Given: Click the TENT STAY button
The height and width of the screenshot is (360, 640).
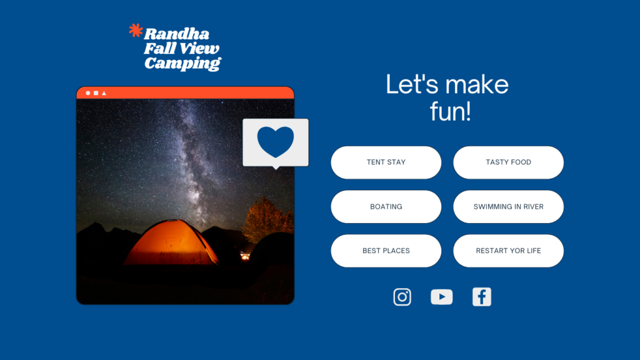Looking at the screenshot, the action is coord(386,162).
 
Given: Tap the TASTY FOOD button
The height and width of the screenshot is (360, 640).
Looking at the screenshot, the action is coord(508,162).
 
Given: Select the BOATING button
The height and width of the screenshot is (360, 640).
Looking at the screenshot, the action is coord(386,206).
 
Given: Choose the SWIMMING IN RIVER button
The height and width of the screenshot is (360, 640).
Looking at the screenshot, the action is coord(508,206).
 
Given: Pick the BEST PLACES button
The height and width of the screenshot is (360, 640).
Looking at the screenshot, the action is coord(386,251).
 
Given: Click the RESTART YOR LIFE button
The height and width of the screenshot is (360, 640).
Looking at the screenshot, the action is coord(508,251).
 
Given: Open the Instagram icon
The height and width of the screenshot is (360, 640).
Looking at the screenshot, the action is coord(402,297).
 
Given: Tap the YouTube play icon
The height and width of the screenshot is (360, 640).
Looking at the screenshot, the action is coord(442,297).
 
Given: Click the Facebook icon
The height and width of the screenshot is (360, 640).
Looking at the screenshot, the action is coord(482,297).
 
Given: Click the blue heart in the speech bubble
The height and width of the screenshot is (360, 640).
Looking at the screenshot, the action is coord(276,141).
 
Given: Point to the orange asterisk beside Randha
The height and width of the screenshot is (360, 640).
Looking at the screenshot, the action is coord(136,31).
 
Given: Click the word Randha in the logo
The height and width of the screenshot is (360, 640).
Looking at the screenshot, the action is coord(177,34).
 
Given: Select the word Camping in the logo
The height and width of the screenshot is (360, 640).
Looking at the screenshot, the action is coord(182,64).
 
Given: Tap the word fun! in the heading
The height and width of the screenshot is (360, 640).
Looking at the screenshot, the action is coord(450,111).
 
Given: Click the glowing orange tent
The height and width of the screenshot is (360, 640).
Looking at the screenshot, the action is coord(171,242).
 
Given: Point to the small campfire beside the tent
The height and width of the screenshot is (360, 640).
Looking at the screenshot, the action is coord(245,256).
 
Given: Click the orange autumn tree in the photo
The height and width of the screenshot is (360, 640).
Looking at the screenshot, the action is coord(267,219).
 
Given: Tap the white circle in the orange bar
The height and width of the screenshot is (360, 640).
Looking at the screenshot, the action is coord(87,93).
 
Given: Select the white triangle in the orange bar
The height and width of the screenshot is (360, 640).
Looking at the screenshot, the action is coord(104,93).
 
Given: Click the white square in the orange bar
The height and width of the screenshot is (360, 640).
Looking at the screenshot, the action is coord(96,93).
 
